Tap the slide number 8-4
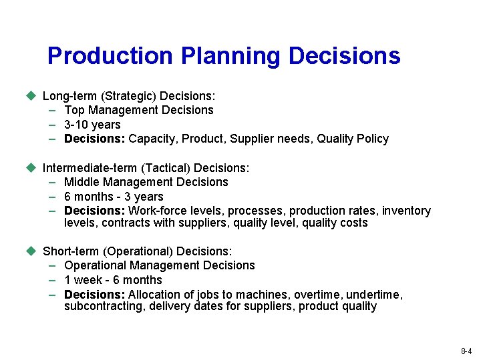tap(466, 351)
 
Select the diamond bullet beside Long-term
tap(30, 95)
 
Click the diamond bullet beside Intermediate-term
tap(30, 167)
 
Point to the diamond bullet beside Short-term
tap(30, 251)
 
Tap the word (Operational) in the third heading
tap(138, 251)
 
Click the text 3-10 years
tap(92, 125)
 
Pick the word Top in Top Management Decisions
tap(74, 110)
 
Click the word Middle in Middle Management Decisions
tap(81, 182)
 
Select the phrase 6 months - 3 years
tap(114, 197)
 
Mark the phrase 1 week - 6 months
tap(113, 280)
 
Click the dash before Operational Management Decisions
tap(52, 265)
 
